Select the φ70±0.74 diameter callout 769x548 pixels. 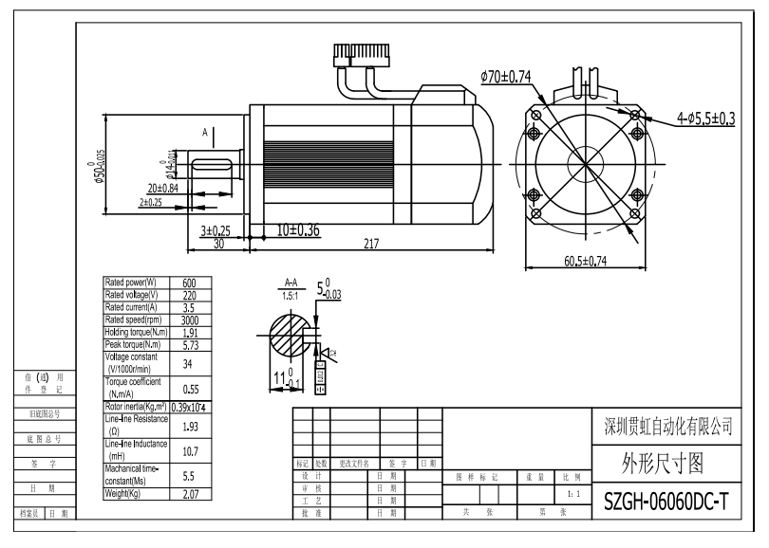coord(505,76)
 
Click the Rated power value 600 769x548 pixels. coord(189,283)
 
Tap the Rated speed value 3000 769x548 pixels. coord(189,320)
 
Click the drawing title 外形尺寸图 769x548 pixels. coord(666,463)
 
